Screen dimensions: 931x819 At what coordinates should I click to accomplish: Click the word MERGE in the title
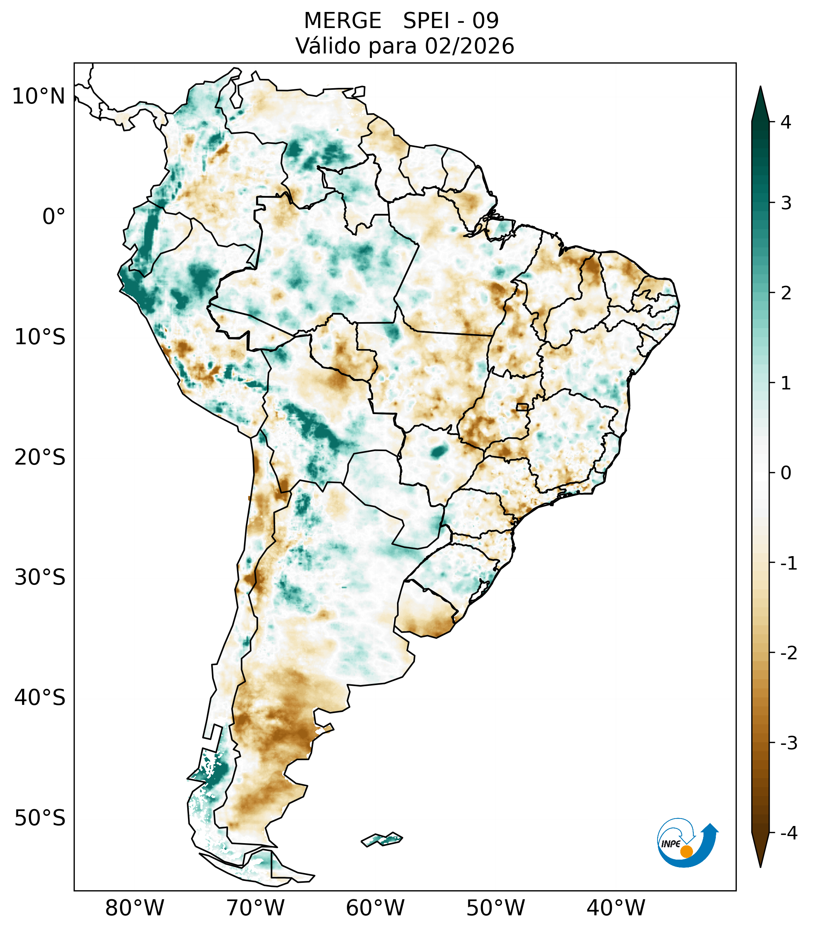click(342, 21)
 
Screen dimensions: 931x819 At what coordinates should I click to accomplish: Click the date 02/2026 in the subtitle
click(469, 46)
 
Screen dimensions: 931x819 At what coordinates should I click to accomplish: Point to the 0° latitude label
click(53, 216)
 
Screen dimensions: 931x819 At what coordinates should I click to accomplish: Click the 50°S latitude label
click(40, 818)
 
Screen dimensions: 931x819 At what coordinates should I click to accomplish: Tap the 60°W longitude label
click(375, 907)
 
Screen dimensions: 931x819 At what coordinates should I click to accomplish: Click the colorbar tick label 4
click(786, 122)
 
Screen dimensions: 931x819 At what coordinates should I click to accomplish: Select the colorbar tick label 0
click(786, 473)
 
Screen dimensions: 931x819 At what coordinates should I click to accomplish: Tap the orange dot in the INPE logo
click(686, 851)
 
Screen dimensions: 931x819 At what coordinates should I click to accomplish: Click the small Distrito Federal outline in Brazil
click(522, 406)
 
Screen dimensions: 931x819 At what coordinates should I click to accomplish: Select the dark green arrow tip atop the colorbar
click(760, 102)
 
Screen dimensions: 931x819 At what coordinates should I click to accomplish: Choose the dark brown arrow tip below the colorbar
click(760, 849)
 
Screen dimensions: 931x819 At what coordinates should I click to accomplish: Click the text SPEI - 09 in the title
click(451, 21)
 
